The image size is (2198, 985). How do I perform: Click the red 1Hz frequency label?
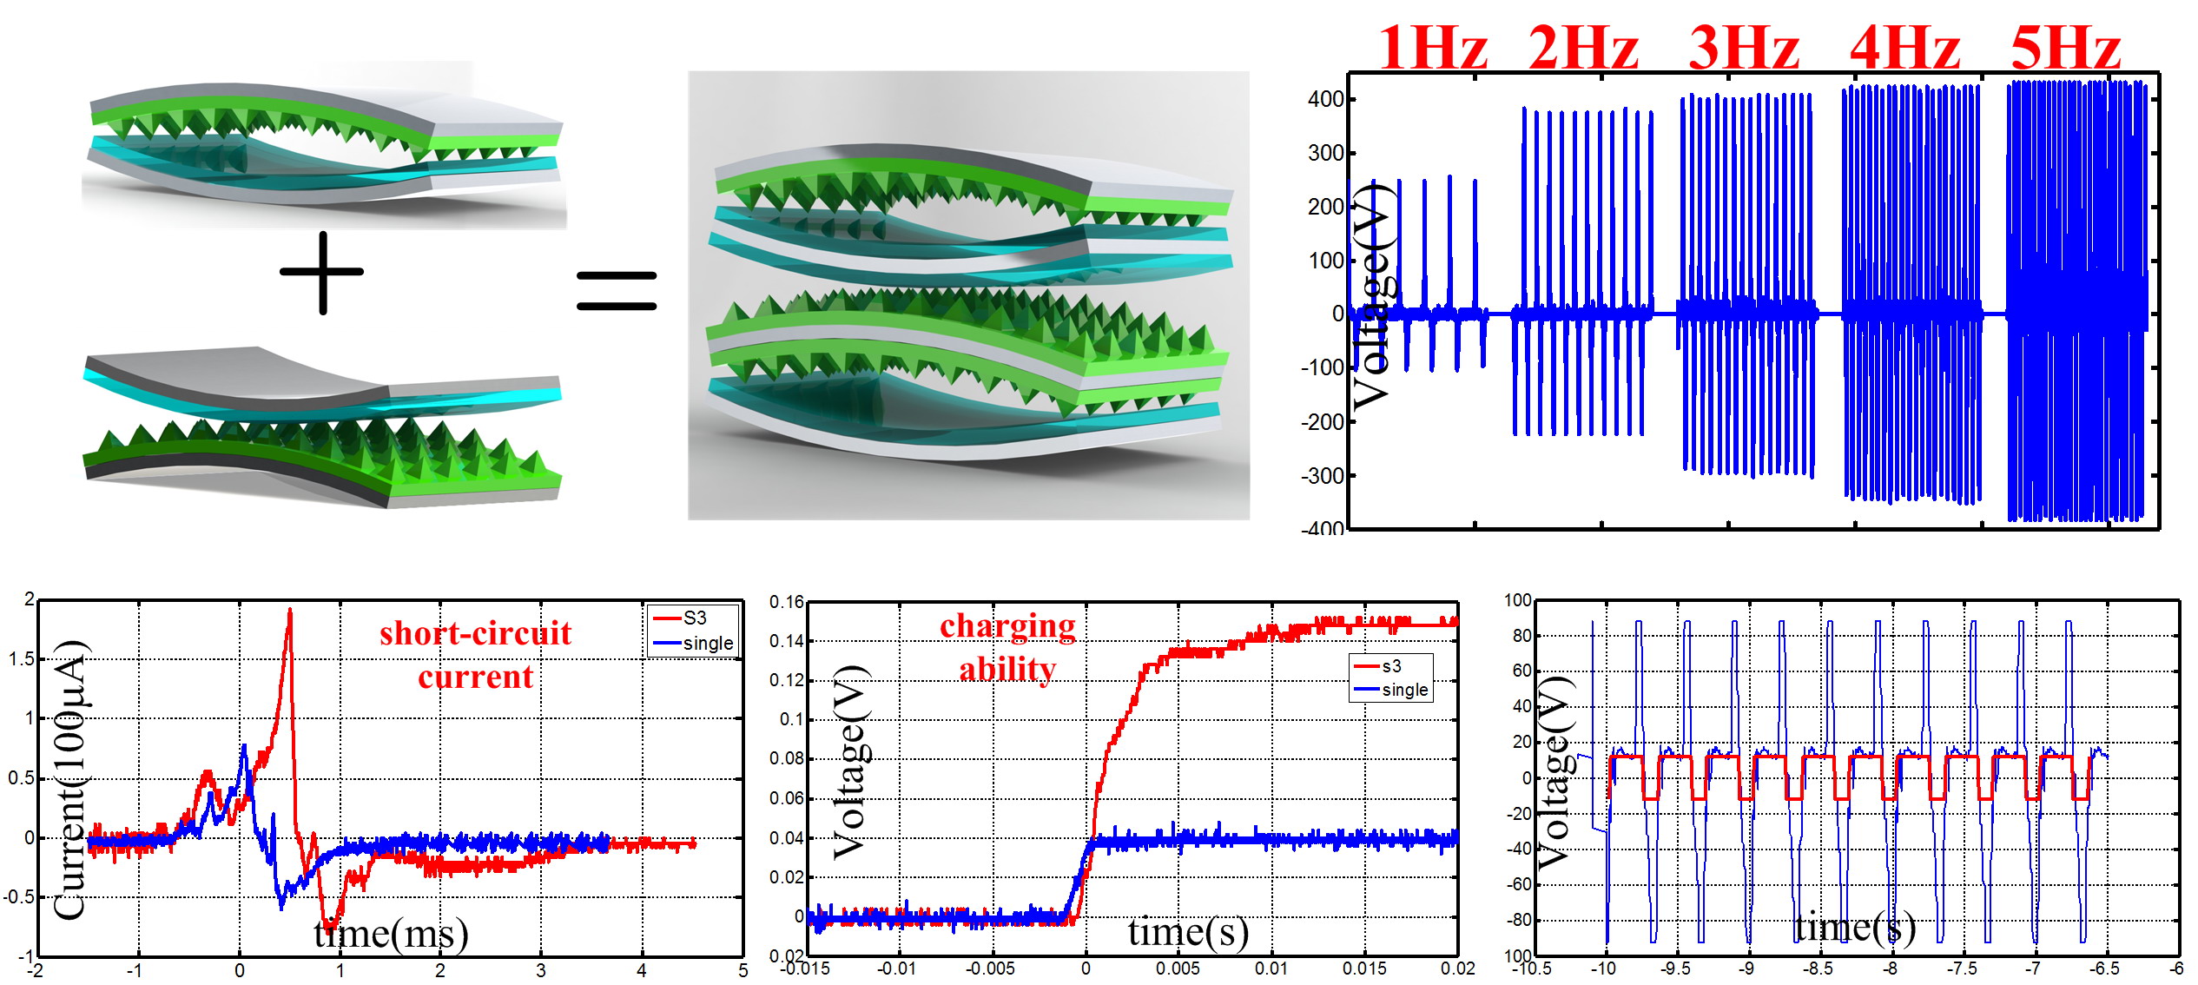point(1433,48)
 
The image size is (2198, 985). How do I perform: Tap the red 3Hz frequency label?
point(1744,48)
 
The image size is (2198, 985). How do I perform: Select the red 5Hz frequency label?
point(2066,48)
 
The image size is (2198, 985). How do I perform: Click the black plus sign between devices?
point(322,273)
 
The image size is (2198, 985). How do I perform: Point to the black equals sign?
point(617,290)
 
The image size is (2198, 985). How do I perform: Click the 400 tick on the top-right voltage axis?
point(1325,99)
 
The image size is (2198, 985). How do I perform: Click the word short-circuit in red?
point(475,633)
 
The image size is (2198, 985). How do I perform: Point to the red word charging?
point(1007,625)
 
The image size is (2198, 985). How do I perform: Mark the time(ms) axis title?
point(391,934)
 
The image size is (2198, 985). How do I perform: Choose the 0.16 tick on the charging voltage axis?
point(787,602)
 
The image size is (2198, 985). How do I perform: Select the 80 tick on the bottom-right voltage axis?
point(1522,636)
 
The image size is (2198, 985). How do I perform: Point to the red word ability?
point(1007,669)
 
